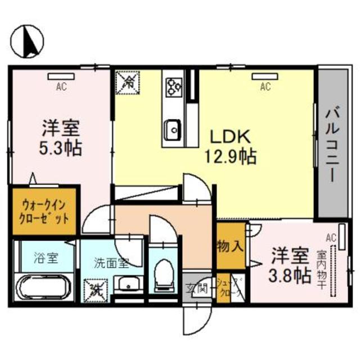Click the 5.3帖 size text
pyautogui.click(x=60, y=148)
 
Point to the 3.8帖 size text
pyautogui.click(x=289, y=276)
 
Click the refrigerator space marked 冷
pyautogui.click(x=127, y=82)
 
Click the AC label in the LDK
pyautogui.click(x=265, y=87)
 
